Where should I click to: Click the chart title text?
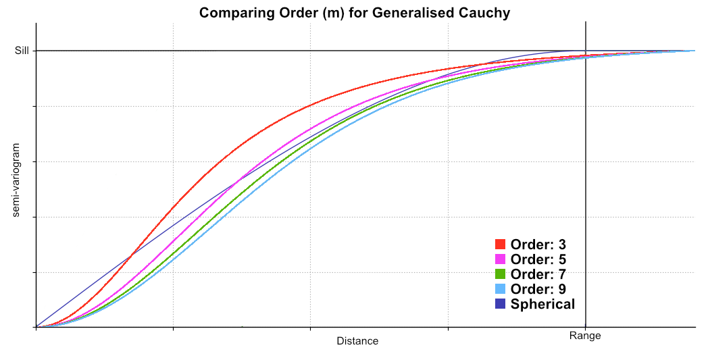click(354, 13)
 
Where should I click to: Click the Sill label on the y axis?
click(22, 51)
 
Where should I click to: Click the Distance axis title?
click(357, 341)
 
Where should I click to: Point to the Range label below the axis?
click(585, 336)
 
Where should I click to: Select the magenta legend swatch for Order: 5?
click(501, 259)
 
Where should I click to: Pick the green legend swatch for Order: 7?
click(501, 274)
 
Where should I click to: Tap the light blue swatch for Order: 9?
click(501, 289)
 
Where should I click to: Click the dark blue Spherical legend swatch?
click(501, 304)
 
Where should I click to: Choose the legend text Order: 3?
click(538, 245)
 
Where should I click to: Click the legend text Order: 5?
click(538, 259)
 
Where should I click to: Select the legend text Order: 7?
click(538, 274)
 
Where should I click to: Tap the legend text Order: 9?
click(538, 289)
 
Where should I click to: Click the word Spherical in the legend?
click(542, 304)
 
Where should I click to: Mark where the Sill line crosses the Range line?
click(585, 51)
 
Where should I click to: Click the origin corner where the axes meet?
click(36, 328)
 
